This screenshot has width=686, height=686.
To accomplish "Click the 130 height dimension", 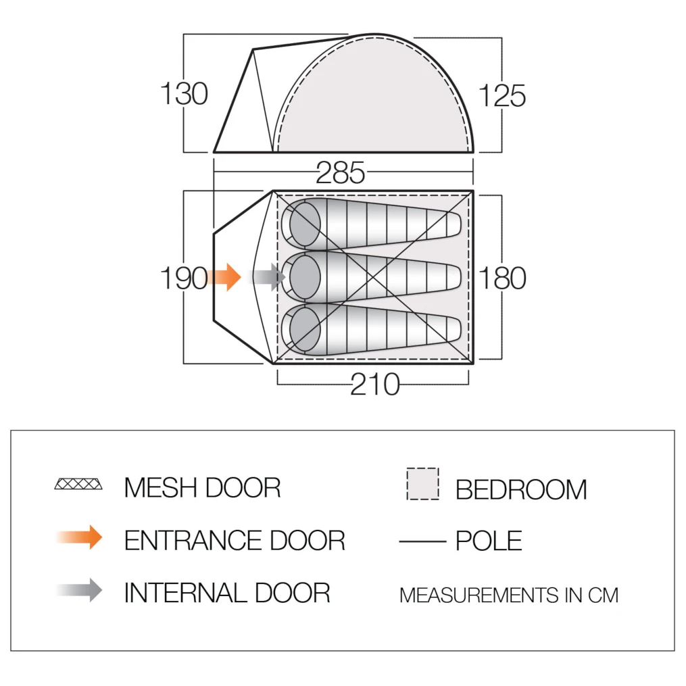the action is coord(184,94).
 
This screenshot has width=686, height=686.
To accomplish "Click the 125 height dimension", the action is coord(501,95).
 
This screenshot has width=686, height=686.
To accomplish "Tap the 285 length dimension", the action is coord(341,173).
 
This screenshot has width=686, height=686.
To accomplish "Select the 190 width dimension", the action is coord(184,278).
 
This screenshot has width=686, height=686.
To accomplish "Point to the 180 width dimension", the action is coord(502,278).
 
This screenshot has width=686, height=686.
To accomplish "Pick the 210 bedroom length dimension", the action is coord(375,384).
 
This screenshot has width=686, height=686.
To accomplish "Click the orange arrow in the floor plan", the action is coord(224,277).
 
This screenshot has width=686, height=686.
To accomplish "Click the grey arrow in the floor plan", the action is coord(267,277).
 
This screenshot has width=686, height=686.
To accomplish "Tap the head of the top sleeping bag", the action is coord(305,224).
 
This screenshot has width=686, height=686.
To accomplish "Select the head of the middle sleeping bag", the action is coord(305,277).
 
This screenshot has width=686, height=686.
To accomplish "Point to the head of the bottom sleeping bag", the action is coord(305,329).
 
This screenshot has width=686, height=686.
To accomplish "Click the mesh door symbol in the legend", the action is coord(78,484).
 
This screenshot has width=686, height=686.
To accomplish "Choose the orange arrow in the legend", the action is coord(80,537).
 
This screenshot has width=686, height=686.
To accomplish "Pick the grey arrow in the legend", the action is coord(80,590).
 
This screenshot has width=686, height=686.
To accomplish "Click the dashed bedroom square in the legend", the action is coord(422,484).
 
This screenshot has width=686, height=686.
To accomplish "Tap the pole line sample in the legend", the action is coord(422,541).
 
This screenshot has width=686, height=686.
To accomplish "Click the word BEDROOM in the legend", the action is coord(521,489).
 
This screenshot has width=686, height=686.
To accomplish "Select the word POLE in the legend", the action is coord(489,541).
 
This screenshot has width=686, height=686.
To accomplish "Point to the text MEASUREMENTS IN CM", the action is coord(509,595).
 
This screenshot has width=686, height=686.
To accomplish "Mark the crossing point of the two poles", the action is coord(373,277).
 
